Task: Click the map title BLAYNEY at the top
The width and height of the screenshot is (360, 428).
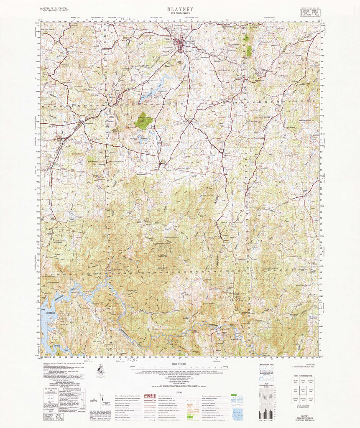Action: click(180, 8)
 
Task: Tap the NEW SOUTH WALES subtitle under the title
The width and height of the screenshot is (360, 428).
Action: click(180, 13)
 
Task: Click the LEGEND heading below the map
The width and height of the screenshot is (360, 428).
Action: click(179, 392)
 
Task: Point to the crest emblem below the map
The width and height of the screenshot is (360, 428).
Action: click(100, 369)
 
